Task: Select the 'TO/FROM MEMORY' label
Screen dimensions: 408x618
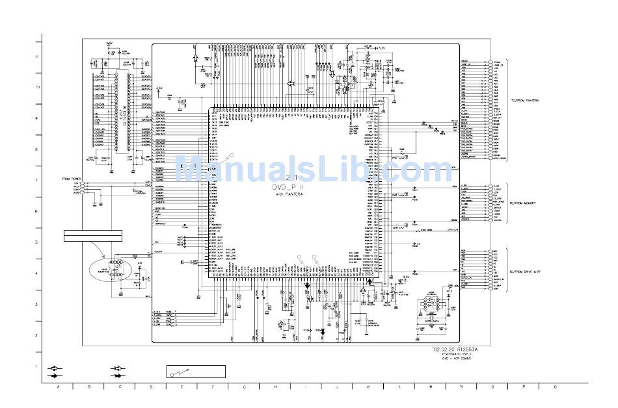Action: tap(522, 203)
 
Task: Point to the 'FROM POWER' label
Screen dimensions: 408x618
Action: tap(72, 178)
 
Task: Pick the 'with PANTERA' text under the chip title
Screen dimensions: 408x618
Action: tap(287, 194)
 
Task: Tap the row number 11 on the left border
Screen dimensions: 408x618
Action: tap(37, 57)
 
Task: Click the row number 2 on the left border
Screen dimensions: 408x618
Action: tap(37, 335)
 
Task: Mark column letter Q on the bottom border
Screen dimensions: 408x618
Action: tap(554, 387)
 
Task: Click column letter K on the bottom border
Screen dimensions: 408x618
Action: tap(369, 387)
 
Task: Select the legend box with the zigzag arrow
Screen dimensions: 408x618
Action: tap(195, 372)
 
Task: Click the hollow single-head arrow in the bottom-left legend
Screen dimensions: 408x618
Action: tap(55, 368)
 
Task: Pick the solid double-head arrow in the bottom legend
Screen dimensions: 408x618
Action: tap(118, 376)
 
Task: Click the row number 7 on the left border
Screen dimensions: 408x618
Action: tap(37, 181)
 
